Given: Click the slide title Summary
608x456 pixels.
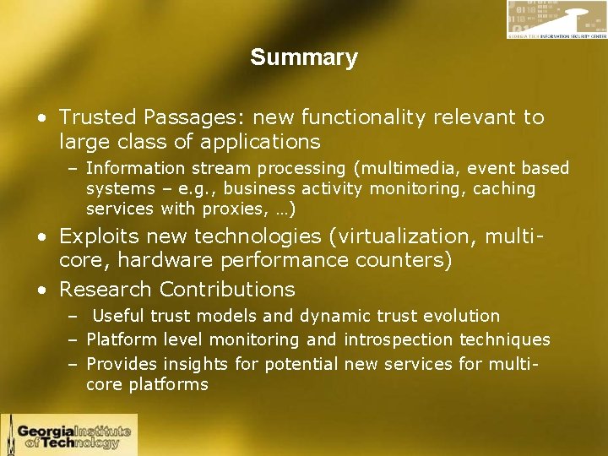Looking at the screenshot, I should pos(304,58).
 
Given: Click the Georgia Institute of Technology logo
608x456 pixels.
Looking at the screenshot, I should pos(69,434).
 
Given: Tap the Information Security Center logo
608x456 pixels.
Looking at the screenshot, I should pos(556,19).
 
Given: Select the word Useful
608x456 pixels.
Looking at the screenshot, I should pos(119,317).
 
